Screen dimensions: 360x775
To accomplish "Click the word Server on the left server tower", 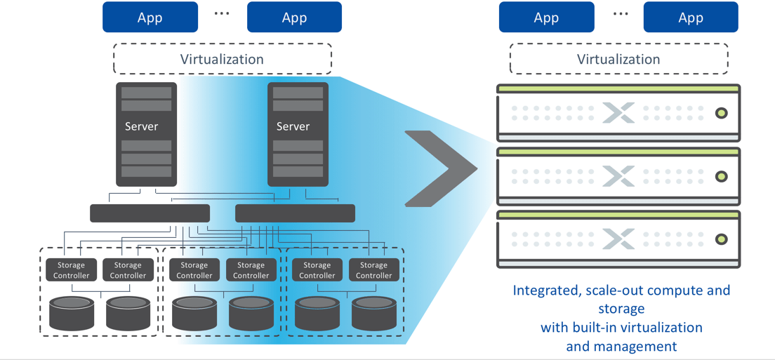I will click(x=141, y=126).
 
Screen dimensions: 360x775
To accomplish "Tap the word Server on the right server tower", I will click(x=293, y=126).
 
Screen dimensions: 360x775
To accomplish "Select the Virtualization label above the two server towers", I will click(x=222, y=59).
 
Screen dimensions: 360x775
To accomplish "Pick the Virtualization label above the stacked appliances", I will click(x=618, y=59).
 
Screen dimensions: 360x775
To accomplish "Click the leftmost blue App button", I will click(x=150, y=18).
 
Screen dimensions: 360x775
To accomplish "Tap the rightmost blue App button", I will click(x=691, y=18).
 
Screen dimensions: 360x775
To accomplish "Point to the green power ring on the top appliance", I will click(x=721, y=113).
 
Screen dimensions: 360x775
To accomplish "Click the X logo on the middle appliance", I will click(x=618, y=176).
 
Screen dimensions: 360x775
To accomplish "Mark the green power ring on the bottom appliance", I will click(x=721, y=239).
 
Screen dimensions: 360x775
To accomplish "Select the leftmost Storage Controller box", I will click(x=71, y=270).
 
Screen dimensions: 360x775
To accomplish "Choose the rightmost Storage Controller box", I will click(x=373, y=270).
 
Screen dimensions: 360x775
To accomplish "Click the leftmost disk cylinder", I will click(x=72, y=313).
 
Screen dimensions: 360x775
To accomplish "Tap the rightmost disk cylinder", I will click(x=373, y=313).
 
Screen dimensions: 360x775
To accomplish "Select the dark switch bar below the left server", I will click(x=150, y=213).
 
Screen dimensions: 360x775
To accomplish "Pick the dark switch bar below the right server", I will click(x=295, y=213).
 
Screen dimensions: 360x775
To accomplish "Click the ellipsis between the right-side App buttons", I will click(x=620, y=14).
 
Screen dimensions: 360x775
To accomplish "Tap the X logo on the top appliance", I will click(x=618, y=113).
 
